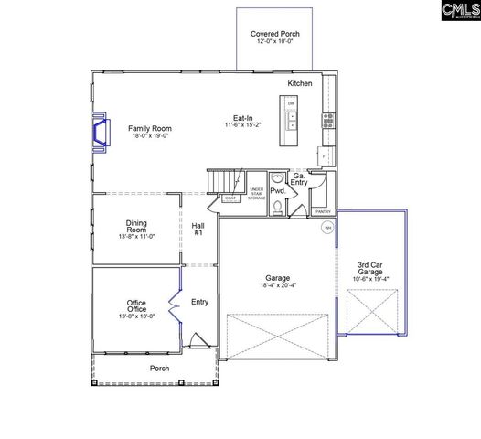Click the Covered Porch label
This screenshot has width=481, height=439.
[x=275, y=34]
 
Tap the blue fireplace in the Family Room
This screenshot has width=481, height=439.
[x=100, y=131]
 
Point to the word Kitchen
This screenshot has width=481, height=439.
[x=300, y=83]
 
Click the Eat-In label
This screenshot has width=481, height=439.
[x=242, y=118]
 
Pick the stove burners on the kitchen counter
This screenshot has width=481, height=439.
[x=327, y=120]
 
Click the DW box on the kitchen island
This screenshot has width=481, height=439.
[x=291, y=104]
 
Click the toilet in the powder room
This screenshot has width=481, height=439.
[x=276, y=208]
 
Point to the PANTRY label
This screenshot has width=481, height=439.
[x=323, y=211]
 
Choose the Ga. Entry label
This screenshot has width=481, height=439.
[x=300, y=179]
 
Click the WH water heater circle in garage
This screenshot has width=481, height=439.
[x=326, y=230]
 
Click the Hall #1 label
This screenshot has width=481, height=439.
[x=198, y=230]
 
